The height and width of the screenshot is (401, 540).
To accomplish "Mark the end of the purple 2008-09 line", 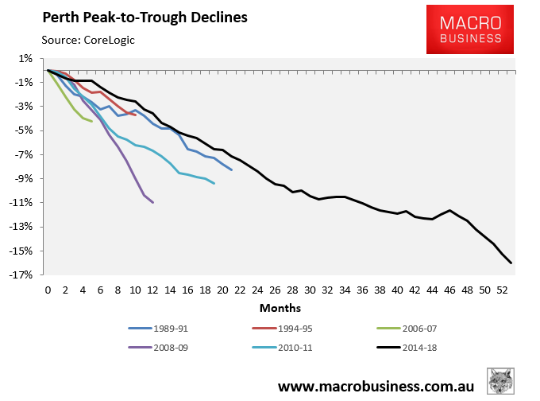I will (152, 202).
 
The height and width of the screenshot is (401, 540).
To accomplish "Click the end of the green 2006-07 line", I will (91, 121).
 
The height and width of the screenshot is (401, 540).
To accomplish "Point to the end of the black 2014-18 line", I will (511, 263).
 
